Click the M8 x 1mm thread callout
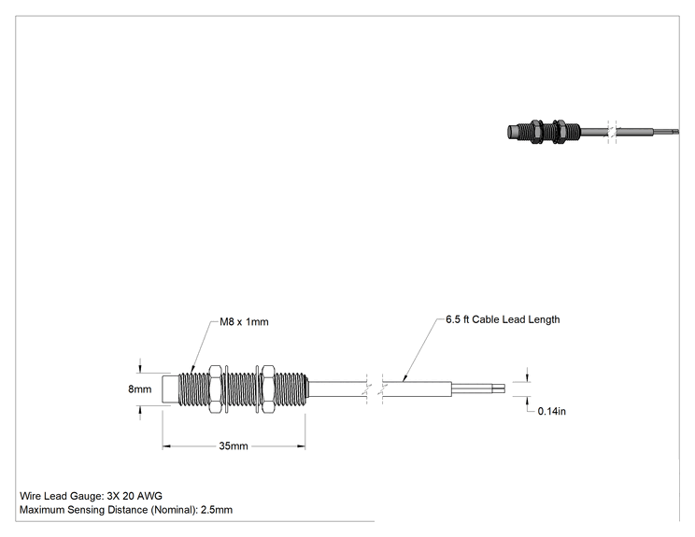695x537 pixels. coord(244,321)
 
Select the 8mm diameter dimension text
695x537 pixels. coord(139,389)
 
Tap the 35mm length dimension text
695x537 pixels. coord(234,445)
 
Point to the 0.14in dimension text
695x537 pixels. coord(552,411)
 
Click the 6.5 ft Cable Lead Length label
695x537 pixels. coord(503,320)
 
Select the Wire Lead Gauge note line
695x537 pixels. coord(91,496)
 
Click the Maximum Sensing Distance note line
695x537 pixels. coord(126,510)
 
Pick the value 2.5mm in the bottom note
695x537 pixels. coord(217,510)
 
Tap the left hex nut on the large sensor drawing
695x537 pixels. coord(215,389)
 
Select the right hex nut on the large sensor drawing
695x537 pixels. coord(268,389)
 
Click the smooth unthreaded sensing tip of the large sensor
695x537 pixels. coord(170,389)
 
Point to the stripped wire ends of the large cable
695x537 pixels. coord(478,389)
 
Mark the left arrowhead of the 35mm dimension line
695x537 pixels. coord(166,446)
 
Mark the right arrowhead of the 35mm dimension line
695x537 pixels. coord(301,446)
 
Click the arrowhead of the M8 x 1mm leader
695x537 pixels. coord(192,369)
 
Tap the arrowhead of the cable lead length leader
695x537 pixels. coord(404,378)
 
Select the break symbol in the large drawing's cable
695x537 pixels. coord(375,389)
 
